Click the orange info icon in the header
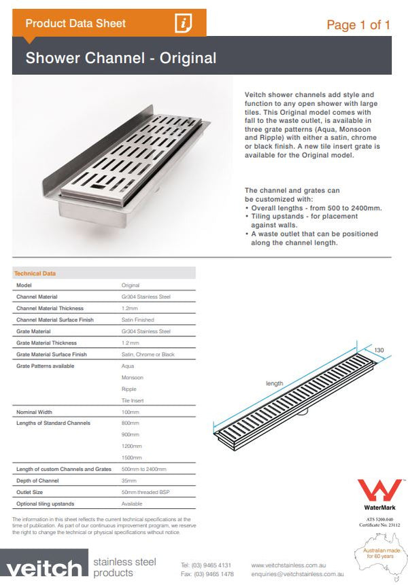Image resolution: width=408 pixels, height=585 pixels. [x=184, y=23]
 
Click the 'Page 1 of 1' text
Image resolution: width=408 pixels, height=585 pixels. [x=358, y=25]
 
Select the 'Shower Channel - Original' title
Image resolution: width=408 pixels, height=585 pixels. [x=121, y=58]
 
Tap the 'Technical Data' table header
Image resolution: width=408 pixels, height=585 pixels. [x=35, y=273]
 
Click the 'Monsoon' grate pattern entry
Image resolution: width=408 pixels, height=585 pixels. [x=133, y=377]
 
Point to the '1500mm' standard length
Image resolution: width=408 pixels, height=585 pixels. [x=131, y=457]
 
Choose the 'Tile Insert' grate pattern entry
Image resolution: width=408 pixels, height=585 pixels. [x=133, y=401]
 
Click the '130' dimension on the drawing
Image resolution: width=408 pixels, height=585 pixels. [x=379, y=351]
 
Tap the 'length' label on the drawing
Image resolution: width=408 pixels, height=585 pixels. [x=274, y=383]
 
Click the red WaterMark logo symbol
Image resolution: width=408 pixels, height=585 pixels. [x=379, y=490]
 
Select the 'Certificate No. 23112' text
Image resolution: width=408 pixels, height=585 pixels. [x=379, y=525]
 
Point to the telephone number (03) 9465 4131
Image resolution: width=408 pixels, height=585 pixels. [x=206, y=565]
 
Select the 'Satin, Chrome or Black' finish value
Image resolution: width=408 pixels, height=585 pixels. [x=148, y=354]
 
